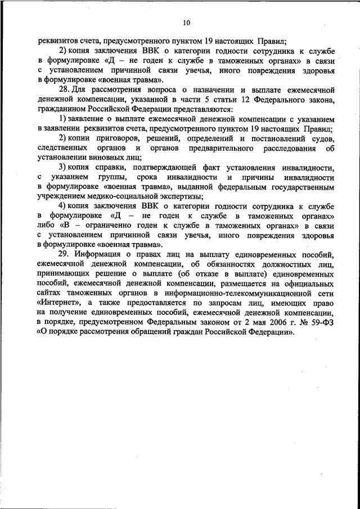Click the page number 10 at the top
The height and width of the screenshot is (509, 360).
187,22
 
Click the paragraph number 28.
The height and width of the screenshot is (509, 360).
64,89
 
